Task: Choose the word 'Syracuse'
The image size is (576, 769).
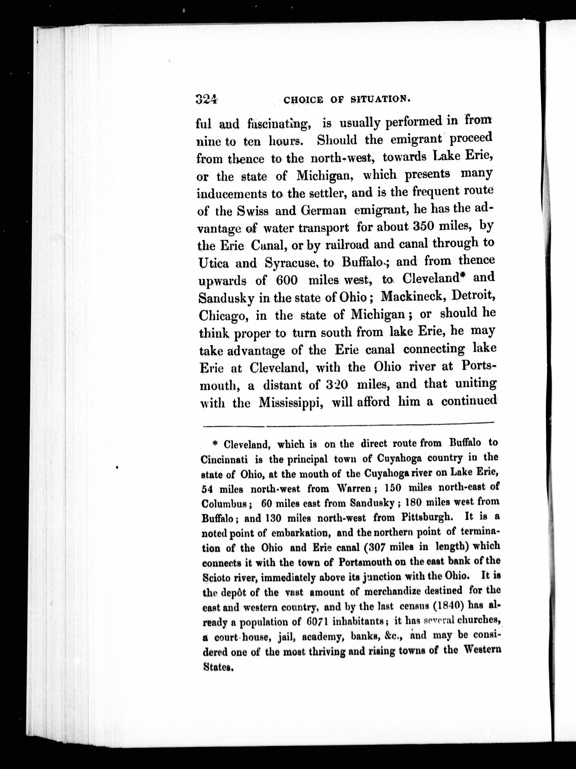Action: (290, 264)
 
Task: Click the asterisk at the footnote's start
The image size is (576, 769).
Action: (215, 444)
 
